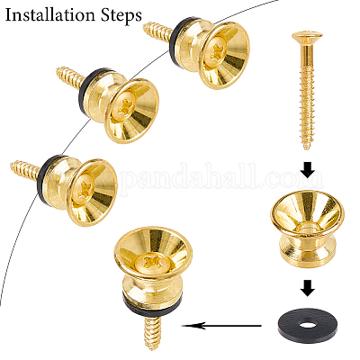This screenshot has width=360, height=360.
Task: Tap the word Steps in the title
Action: point(125,15)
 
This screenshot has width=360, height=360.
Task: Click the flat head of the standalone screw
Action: point(307,36)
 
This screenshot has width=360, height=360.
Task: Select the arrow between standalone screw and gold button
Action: point(307,169)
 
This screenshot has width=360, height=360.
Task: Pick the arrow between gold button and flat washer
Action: point(307,288)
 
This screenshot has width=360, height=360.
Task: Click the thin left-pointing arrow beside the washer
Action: point(222,326)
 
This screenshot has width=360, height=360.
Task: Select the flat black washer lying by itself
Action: point(308,326)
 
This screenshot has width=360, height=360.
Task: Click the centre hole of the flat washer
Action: point(307,325)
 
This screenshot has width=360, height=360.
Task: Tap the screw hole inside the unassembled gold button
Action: point(307,226)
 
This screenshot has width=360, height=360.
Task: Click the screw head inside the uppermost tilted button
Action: point(216,50)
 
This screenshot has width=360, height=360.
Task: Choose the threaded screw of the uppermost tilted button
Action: point(158,31)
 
